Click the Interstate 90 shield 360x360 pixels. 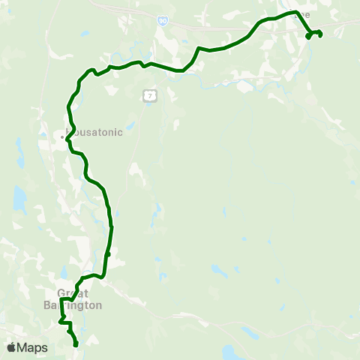tap(162, 22)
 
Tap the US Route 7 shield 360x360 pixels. tap(150, 96)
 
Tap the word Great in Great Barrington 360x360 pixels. tap(73, 294)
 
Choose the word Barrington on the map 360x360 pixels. tap(78, 305)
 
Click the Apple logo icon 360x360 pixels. tap(11, 347)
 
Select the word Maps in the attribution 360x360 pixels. tap(32, 347)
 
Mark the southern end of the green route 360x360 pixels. tap(76, 344)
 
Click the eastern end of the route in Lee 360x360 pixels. tap(320, 34)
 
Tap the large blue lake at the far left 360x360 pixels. tap(19, 199)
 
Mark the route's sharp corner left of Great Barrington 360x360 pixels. tap(61, 299)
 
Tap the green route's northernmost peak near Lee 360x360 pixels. tap(291, 13)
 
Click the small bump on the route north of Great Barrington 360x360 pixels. tap(108, 255)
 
